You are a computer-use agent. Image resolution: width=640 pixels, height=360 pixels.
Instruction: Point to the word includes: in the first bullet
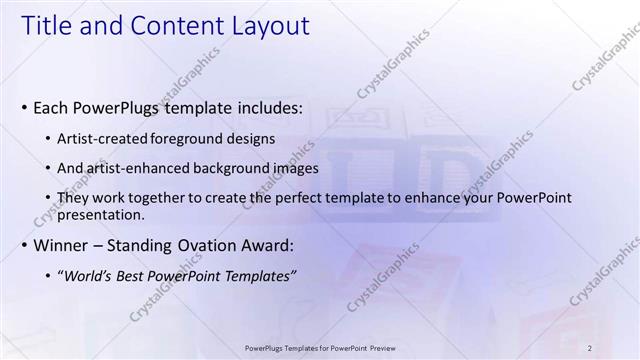261,107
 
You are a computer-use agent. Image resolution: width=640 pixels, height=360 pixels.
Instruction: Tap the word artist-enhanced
142,169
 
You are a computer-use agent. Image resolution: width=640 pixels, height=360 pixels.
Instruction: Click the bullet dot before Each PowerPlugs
25,108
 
